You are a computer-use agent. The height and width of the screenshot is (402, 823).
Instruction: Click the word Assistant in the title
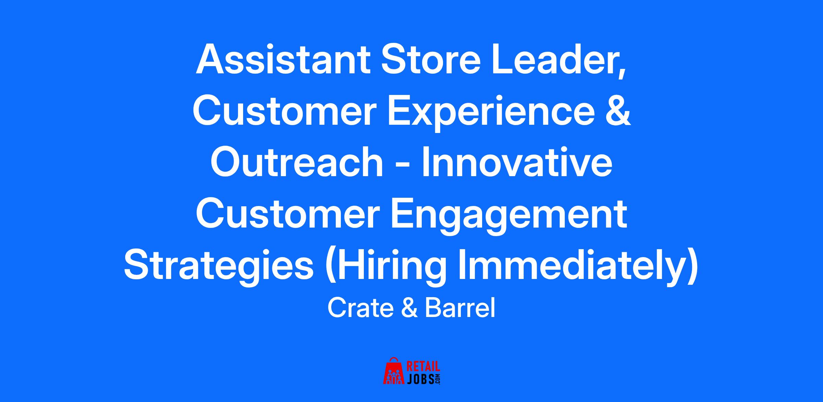(283, 59)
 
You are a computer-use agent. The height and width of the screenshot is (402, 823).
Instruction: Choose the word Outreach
(297, 162)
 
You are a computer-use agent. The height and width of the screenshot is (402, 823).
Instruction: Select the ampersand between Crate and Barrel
(409, 308)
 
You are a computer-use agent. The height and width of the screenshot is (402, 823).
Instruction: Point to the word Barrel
(460, 308)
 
